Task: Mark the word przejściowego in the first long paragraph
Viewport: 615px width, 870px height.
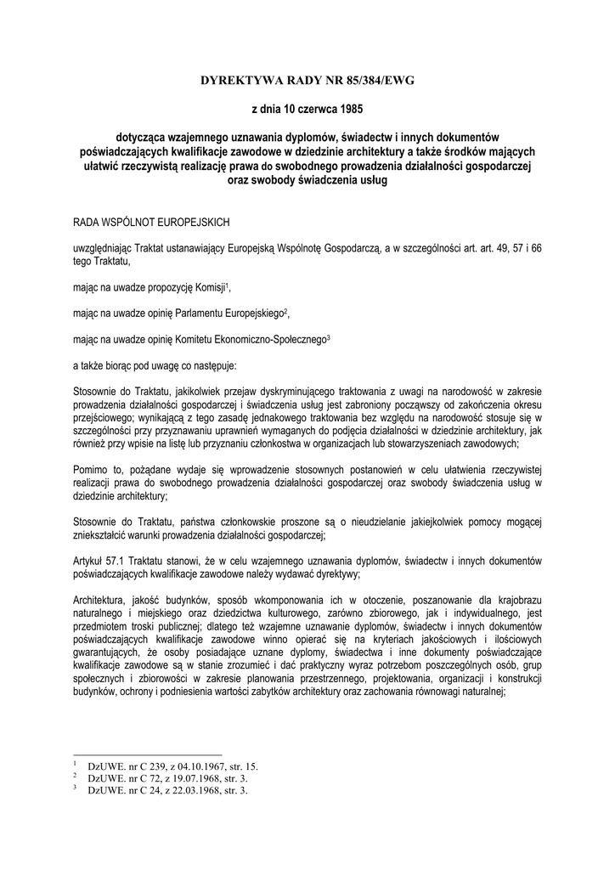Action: pyautogui.click(x=103, y=418)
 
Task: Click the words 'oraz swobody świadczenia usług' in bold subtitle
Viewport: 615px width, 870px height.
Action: pyautogui.click(x=307, y=180)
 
